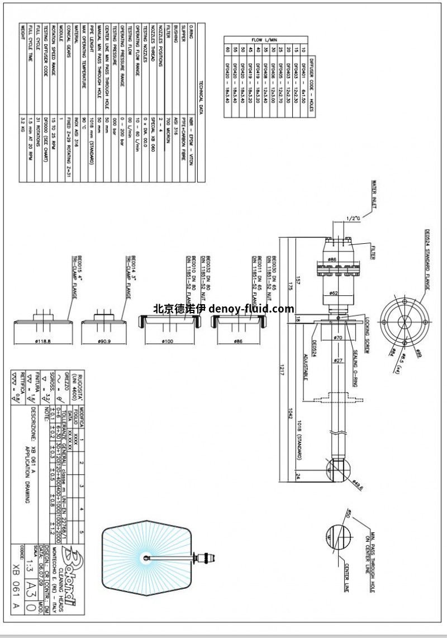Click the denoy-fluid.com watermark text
click(x=223, y=308)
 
